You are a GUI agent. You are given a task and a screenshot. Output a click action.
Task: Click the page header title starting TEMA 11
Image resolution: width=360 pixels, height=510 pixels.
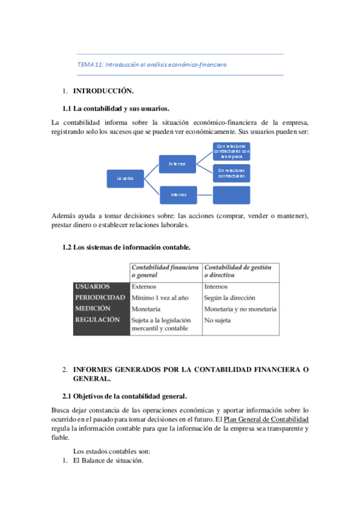[x=152, y=64]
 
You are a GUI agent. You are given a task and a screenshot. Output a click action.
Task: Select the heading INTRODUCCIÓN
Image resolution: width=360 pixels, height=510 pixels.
[x=103, y=91]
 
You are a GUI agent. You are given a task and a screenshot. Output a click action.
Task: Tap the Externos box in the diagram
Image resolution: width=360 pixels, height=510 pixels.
[x=177, y=163]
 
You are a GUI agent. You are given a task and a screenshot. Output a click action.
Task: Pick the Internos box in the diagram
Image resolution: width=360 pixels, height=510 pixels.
[x=177, y=194]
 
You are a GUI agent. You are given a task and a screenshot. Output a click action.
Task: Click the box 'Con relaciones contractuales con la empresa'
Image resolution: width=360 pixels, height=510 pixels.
[x=231, y=151]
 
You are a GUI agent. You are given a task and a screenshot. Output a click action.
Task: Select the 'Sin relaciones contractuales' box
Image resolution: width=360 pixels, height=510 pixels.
[x=231, y=173]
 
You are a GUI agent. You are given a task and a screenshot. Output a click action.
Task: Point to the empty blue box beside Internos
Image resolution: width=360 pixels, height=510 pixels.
[x=231, y=195]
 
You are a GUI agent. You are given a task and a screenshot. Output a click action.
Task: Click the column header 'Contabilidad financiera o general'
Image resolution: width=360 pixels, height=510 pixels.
[x=165, y=271]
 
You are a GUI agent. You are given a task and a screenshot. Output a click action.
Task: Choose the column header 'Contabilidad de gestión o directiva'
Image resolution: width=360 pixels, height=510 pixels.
[x=237, y=271]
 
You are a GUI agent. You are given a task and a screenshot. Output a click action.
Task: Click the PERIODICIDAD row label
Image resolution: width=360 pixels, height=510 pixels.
[x=100, y=298]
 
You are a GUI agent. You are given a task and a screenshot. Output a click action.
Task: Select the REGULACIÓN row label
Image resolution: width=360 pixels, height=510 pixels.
[x=97, y=319]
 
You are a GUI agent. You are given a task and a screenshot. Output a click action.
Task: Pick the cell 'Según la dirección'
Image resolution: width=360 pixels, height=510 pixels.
[x=230, y=298]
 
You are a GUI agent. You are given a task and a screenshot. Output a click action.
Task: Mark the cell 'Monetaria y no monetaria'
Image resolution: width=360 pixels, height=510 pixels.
[x=240, y=309]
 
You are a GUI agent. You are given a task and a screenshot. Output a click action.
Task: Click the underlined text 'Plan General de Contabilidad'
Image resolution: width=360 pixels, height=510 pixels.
[x=266, y=419]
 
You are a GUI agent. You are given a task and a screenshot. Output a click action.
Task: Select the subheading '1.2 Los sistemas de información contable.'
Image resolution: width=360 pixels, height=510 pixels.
[x=127, y=247]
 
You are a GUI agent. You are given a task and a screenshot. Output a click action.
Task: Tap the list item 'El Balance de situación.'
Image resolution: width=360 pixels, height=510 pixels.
[x=108, y=461]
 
